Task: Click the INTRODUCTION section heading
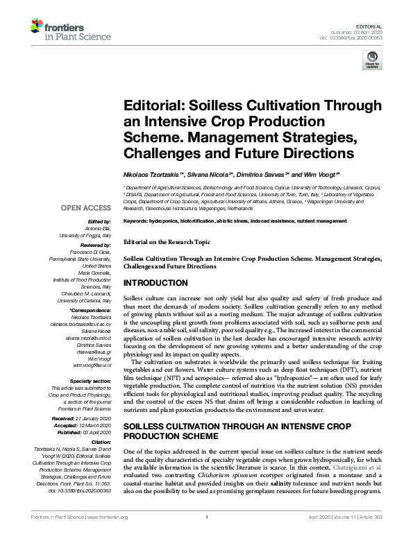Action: point(155,284)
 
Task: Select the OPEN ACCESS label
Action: point(85,207)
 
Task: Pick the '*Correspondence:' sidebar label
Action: point(89,311)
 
